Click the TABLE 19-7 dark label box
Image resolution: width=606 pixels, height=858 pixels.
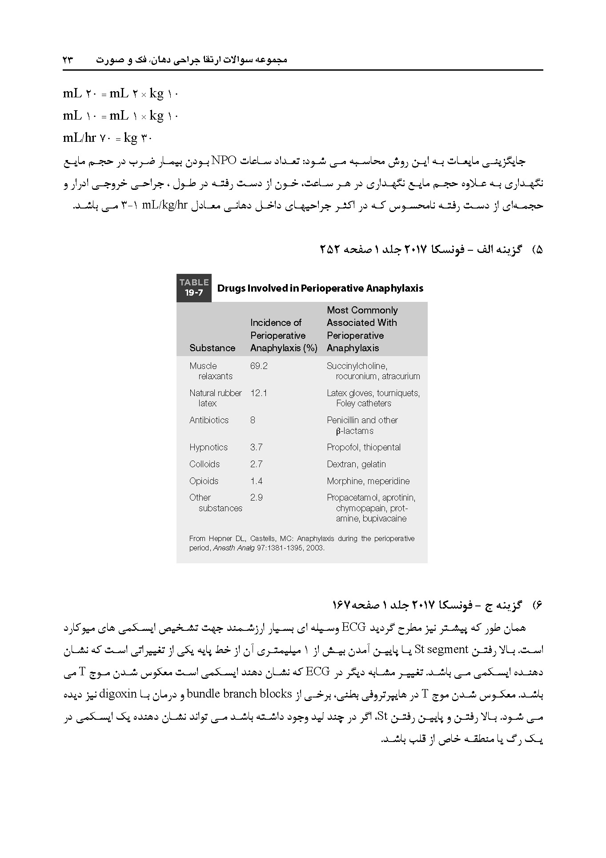[194, 288]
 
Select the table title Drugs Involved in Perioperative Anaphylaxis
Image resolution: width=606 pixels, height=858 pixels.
[320, 288]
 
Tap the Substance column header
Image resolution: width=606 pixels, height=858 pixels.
[212, 348]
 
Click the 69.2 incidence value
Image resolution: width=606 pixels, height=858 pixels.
[259, 366]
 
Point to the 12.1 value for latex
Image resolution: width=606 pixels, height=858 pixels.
[258, 393]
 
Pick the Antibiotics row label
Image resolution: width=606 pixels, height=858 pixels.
[209, 420]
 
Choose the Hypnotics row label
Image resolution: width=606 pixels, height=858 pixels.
[208, 447]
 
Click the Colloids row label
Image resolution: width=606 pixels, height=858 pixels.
[205, 464]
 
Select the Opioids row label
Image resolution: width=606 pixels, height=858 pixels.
[204, 481]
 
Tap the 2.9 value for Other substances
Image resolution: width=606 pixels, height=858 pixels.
[256, 497]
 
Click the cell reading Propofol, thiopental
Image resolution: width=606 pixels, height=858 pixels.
[363, 447]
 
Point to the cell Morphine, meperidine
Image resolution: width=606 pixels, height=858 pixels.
[368, 481]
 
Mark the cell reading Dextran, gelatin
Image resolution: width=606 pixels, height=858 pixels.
[356, 464]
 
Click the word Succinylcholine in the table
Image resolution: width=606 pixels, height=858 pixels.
[357, 366]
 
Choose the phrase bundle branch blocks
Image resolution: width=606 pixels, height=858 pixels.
[239, 694]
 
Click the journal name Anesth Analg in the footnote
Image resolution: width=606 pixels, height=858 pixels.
[234, 548]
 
